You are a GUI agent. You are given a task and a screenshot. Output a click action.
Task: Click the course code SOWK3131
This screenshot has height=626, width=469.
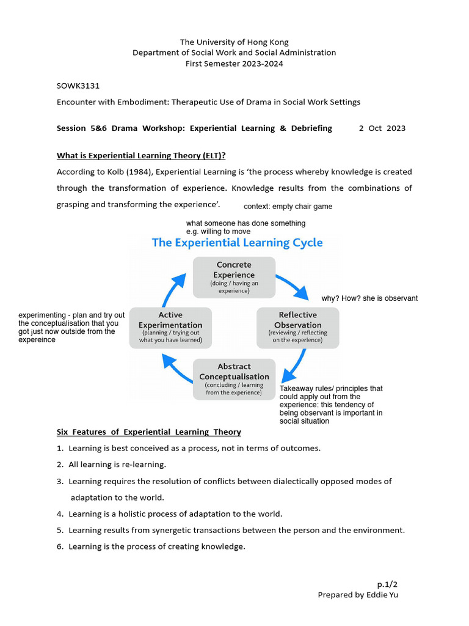point(74,86)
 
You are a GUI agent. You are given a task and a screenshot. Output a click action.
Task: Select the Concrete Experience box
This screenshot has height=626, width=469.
point(234,277)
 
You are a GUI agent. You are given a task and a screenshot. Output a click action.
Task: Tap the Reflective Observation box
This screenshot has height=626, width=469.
point(297,327)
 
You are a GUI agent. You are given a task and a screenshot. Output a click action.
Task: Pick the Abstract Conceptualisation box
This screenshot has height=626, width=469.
point(234,379)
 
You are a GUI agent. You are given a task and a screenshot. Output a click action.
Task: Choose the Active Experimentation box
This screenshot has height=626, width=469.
point(170,327)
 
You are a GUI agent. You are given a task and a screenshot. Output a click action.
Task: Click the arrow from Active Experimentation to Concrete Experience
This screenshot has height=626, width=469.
point(173,287)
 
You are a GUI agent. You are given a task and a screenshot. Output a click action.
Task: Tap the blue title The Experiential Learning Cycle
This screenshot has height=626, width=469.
point(237,243)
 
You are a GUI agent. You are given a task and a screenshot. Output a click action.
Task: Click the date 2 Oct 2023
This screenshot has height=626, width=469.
point(382,128)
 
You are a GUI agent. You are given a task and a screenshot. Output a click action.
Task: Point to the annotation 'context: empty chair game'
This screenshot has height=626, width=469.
point(288,207)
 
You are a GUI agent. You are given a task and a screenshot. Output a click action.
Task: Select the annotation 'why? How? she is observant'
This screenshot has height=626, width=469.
point(369,298)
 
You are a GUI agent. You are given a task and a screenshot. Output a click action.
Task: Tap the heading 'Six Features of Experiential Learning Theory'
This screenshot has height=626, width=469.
point(148,432)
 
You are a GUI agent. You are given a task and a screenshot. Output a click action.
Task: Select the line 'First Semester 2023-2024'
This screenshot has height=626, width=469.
point(234,64)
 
